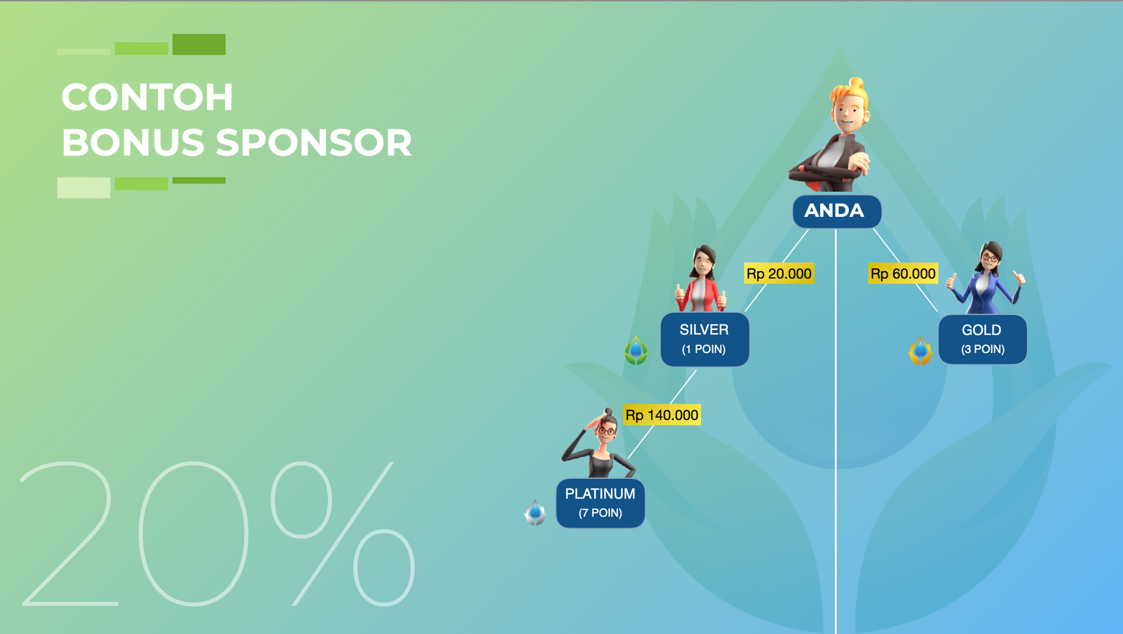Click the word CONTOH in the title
pyautogui.click(x=147, y=97)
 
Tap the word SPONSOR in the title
pyautogui.click(x=314, y=143)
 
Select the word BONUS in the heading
pyautogui.click(x=133, y=143)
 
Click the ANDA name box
pyautogui.click(x=837, y=211)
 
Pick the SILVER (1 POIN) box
pyautogui.click(x=704, y=339)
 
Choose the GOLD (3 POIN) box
pyautogui.click(x=982, y=339)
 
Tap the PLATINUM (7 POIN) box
pyautogui.click(x=600, y=503)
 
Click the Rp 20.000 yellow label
pyautogui.click(x=779, y=274)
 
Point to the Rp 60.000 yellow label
pyautogui.click(x=903, y=274)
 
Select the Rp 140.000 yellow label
pyautogui.click(x=661, y=415)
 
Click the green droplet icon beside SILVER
pyautogui.click(x=636, y=350)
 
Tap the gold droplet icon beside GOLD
pyautogui.click(x=920, y=350)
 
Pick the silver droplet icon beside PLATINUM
pyautogui.click(x=535, y=513)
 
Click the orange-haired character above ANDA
pyautogui.click(x=835, y=135)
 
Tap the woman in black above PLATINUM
pyautogui.click(x=600, y=443)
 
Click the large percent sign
pyautogui.click(x=343, y=534)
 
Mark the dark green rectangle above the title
pyautogui.click(x=199, y=44)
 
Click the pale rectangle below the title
pyautogui.click(x=84, y=188)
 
